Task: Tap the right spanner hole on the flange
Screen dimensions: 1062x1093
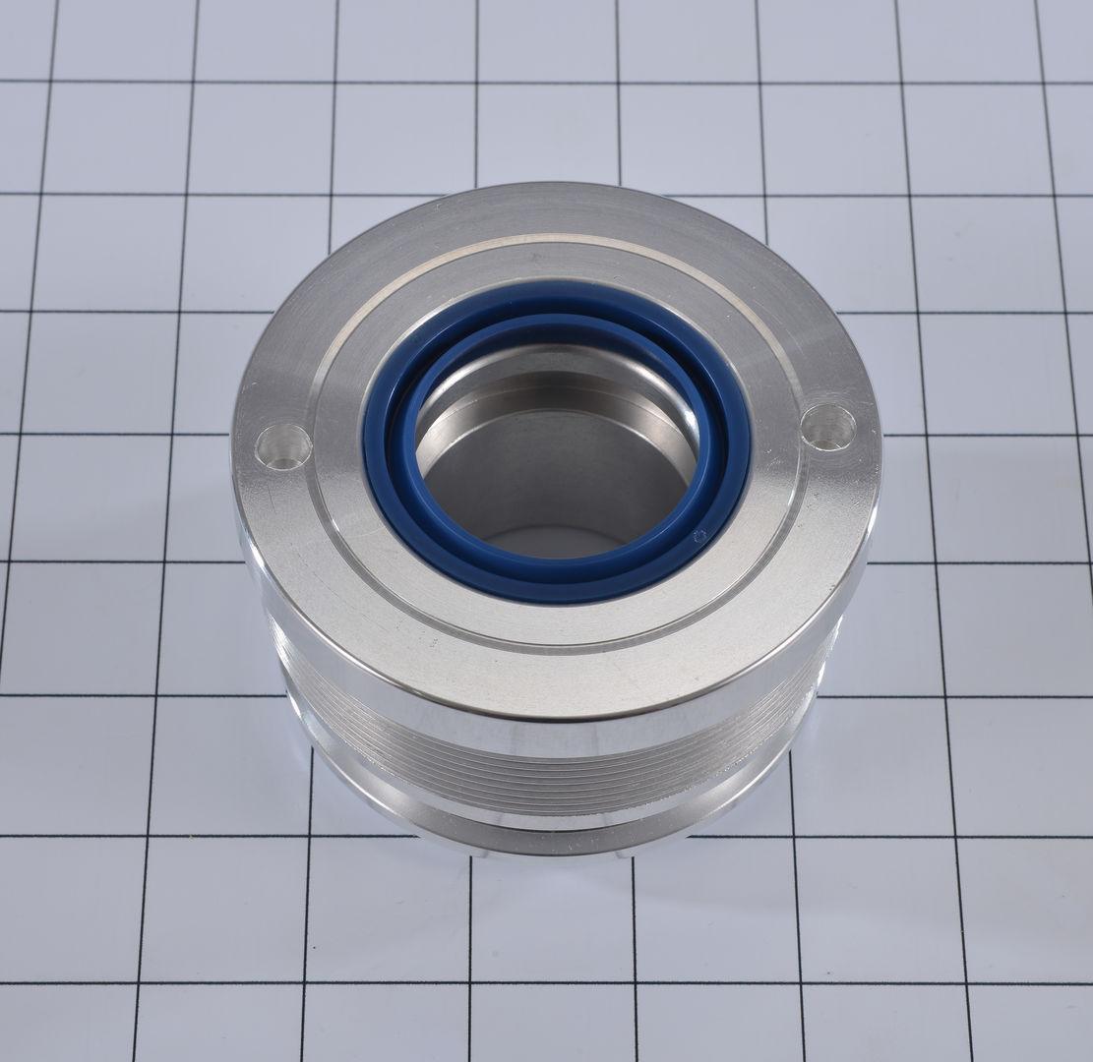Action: (827, 428)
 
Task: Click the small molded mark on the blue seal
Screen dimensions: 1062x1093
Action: (699, 536)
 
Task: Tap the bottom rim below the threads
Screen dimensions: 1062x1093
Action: (551, 836)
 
